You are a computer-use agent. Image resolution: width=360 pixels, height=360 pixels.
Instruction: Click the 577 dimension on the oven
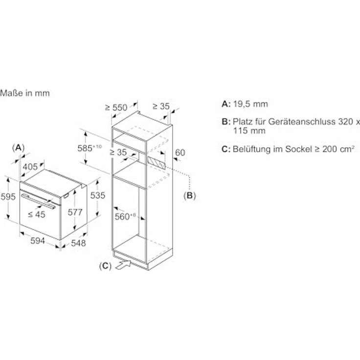[83, 212]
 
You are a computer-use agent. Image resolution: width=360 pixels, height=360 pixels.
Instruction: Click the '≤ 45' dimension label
[36, 214]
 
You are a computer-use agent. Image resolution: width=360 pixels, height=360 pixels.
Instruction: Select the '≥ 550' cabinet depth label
[116, 108]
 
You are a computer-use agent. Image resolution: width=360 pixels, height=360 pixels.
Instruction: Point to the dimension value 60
[180, 153]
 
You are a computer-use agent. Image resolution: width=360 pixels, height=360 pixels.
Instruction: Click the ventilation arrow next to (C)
[123, 266]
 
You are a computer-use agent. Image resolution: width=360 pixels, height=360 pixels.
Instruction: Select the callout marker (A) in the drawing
[18, 147]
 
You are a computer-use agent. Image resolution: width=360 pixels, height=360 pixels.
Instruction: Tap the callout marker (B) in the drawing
[189, 196]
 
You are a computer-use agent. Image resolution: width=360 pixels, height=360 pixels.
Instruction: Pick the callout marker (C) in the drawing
[105, 266]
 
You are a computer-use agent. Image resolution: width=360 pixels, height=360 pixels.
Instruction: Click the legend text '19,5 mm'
[250, 104]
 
